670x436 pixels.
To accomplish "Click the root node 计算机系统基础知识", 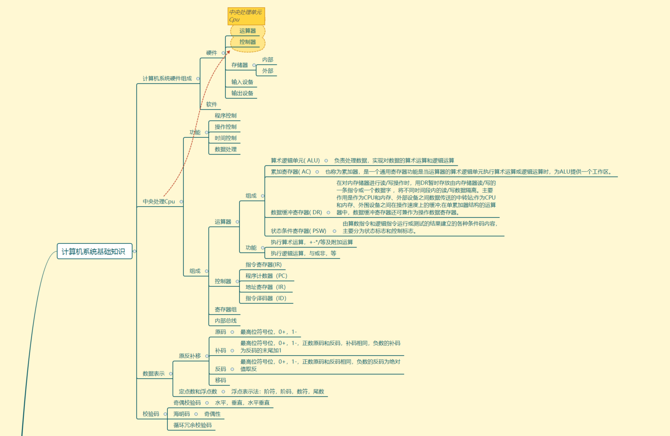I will (x=94, y=251).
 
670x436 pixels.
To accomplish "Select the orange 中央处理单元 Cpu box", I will (x=246, y=16).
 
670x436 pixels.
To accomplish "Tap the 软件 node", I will (x=211, y=104).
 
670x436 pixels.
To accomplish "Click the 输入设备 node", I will (x=242, y=82).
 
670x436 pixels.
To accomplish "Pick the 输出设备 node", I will (x=242, y=93).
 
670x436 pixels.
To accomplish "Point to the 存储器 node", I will (x=239, y=65).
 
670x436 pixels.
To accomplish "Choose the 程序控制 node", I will (x=225, y=116).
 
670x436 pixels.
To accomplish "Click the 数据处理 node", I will (x=225, y=149).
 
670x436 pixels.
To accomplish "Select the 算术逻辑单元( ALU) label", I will (x=295, y=161).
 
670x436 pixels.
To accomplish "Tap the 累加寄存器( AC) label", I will (x=291, y=172).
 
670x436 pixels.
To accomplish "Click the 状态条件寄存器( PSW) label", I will (x=298, y=231).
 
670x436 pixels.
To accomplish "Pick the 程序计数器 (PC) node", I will (x=266, y=276).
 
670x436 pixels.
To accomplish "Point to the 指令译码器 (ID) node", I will (x=266, y=298).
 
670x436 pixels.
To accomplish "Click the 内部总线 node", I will (x=225, y=321).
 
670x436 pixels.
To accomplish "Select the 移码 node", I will (x=220, y=380).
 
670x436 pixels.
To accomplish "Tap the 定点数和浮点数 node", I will (x=198, y=392).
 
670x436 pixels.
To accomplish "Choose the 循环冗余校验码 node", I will (x=192, y=425).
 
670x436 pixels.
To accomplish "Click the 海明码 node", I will (x=181, y=414).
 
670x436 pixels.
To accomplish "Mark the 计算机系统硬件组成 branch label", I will (x=167, y=78).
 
